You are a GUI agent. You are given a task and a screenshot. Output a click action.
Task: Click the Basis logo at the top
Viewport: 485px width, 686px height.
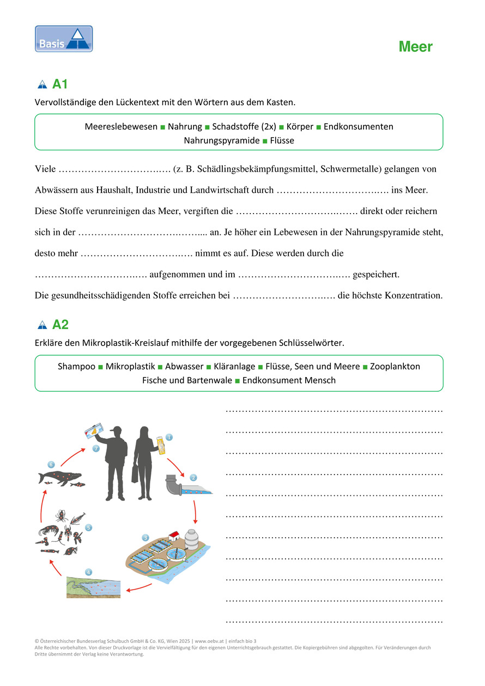point(64,39)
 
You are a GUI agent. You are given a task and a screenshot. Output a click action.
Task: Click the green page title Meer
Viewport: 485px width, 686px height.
point(415,47)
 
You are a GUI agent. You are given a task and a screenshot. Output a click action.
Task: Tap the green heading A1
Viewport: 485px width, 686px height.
point(59,84)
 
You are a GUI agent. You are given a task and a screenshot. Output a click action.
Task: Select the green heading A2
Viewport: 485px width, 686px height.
point(60,325)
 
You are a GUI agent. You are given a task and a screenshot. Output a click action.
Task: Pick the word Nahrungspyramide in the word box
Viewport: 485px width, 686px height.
point(221,141)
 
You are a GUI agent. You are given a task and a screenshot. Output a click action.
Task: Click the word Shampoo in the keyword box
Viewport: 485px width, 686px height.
point(76,367)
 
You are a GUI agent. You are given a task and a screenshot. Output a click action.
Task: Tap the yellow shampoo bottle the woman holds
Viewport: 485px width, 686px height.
point(161,444)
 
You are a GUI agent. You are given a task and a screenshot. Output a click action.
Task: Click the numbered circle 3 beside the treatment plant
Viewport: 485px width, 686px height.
point(145,538)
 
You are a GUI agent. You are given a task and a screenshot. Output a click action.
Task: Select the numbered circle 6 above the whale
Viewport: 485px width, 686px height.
point(51,464)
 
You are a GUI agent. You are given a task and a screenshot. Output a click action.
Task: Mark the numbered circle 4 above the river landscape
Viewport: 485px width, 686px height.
point(88,572)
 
